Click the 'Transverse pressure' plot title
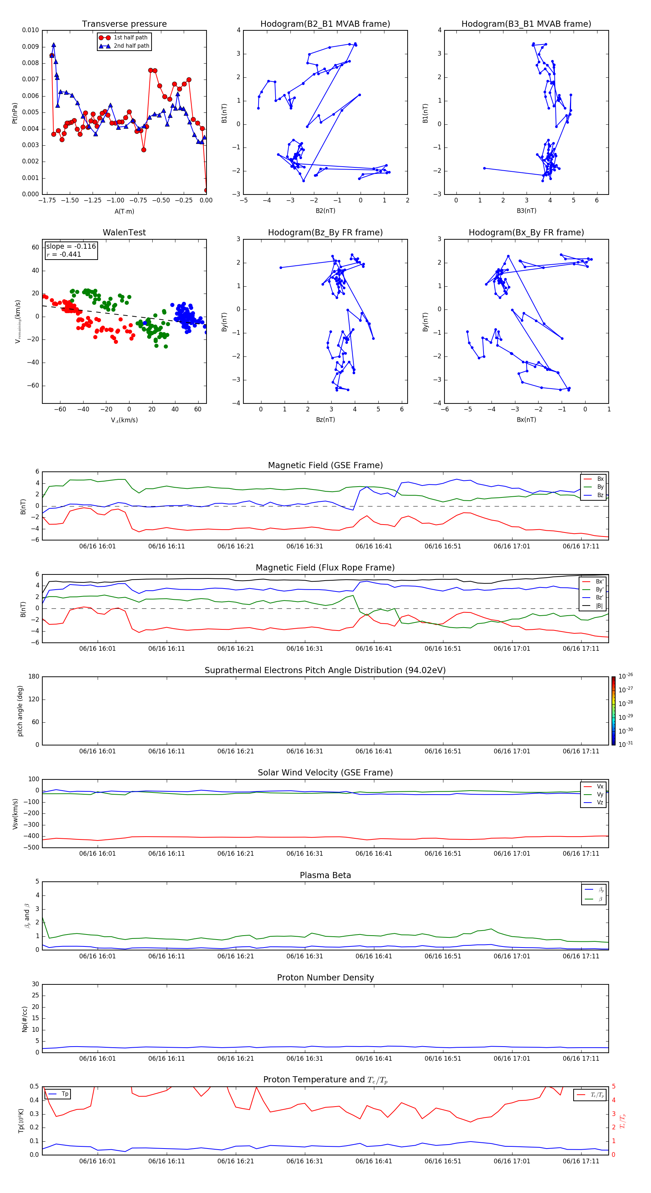pos(124,24)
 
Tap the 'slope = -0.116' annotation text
pos(71,247)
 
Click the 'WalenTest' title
pos(124,232)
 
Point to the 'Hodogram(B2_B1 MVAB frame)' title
pos(325,24)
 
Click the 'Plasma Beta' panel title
pos(325,875)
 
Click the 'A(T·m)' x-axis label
pos(124,211)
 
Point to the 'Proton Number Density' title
pos(325,978)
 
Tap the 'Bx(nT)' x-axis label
pos(526,420)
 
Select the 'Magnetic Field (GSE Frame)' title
pos(325,465)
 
